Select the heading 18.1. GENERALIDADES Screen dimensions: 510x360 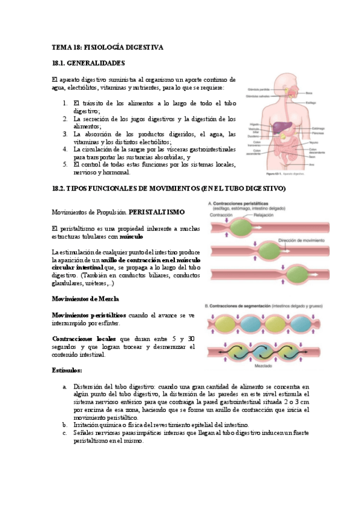pos(88,63)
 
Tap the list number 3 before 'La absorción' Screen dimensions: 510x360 pos(66,134)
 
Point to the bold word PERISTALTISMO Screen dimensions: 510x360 pos(156,212)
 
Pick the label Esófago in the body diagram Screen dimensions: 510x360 pos(312,103)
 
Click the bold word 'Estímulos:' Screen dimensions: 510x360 pos(67,370)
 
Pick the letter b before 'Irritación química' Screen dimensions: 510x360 pos(65,425)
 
